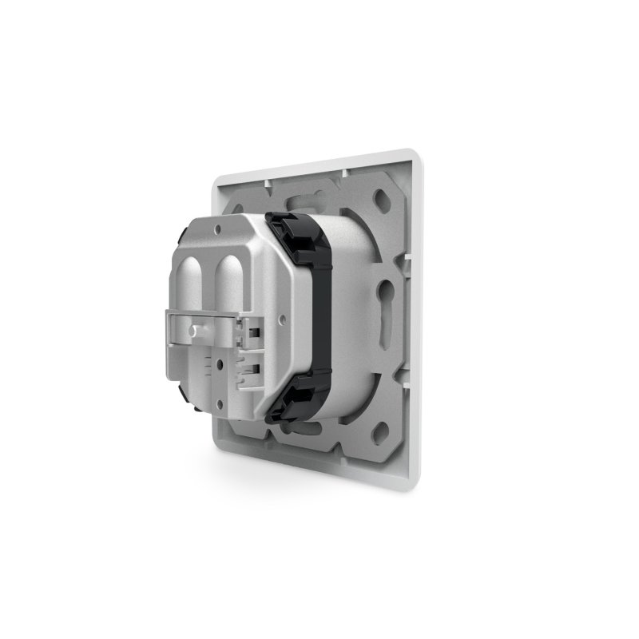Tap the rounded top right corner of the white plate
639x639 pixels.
(x=415, y=152)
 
